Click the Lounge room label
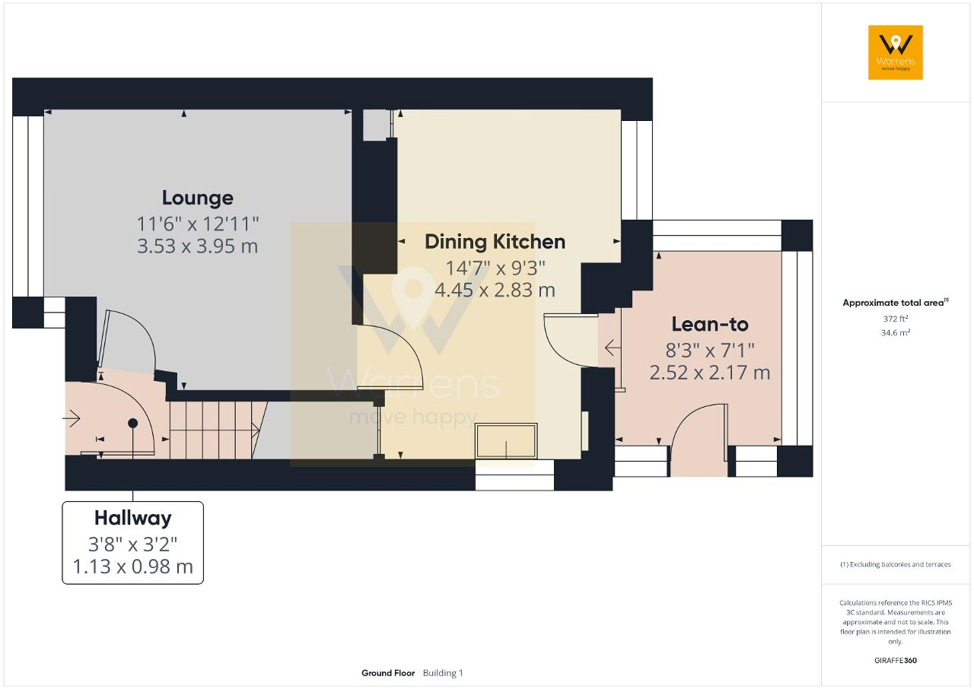[197, 198]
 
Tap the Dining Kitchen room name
[495, 242]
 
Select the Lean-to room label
[710, 324]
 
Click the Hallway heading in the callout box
[133, 518]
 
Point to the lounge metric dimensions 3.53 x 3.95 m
[197, 246]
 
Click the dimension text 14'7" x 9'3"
[495, 268]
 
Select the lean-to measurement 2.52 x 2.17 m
[710, 373]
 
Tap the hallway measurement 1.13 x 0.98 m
[132, 567]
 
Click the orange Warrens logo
[896, 52]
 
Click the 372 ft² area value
[896, 319]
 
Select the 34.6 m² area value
[896, 333]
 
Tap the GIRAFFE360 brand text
[896, 660]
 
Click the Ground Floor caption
[388, 673]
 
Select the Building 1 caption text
[443, 673]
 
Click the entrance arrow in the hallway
[72, 419]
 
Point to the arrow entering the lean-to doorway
[613, 348]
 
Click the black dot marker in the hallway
[133, 423]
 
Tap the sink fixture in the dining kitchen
[506, 441]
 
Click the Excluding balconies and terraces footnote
[896, 564]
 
